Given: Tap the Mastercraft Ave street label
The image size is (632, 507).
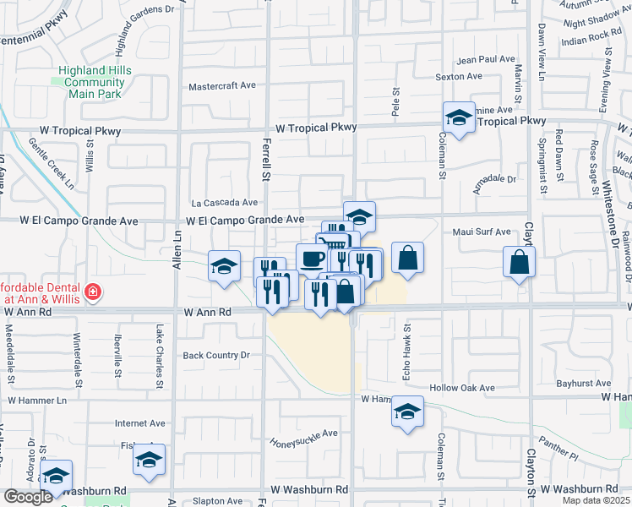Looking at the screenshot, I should [x=222, y=86].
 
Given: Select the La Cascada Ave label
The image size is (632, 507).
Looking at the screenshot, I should [x=224, y=203].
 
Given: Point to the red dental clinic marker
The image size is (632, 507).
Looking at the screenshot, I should [x=92, y=292].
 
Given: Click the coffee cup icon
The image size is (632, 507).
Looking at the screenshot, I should [x=312, y=259].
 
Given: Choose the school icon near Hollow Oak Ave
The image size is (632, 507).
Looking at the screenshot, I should [x=407, y=412].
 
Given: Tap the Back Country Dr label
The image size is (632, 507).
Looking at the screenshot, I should [x=217, y=356].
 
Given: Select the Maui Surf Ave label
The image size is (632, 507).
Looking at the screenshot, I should [x=482, y=232].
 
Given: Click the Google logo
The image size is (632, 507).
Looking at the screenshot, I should [x=28, y=497].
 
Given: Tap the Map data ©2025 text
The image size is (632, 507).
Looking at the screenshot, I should [x=597, y=500].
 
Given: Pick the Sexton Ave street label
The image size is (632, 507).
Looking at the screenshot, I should [x=458, y=77].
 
